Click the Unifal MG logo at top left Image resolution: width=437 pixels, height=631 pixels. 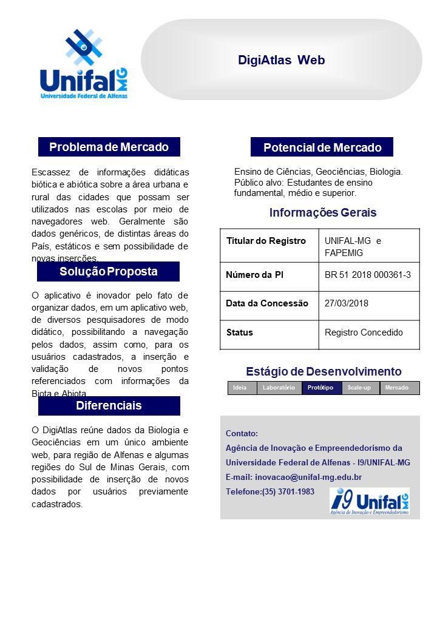pos(84,64)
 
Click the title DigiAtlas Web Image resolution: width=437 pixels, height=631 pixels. pos(282,60)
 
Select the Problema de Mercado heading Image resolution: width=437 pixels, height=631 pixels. pos(109,147)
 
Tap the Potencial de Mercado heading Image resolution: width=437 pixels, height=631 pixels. pos(322,147)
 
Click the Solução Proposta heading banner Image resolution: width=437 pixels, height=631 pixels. pos(108,271)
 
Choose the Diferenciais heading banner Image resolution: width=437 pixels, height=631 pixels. pos(109,405)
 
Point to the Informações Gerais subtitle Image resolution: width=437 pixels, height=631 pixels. pos(323,212)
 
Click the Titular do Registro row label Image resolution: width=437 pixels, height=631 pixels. pos(266,241)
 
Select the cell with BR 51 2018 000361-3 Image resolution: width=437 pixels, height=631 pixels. pos(368,275)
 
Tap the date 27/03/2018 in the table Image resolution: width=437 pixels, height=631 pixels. pos(347,303)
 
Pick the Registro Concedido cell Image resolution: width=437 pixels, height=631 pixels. pos(364,332)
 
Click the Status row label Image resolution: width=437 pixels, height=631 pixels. pos(240,332)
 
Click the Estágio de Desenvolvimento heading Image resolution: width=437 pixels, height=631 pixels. pos(324,371)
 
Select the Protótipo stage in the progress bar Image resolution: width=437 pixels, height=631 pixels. pos(320,388)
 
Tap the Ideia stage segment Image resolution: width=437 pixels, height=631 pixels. pos(240,388)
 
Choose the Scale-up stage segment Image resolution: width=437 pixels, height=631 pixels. pos(359,388)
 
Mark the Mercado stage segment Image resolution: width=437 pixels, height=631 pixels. pos(397,388)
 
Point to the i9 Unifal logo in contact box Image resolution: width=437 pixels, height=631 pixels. pos(369,501)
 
